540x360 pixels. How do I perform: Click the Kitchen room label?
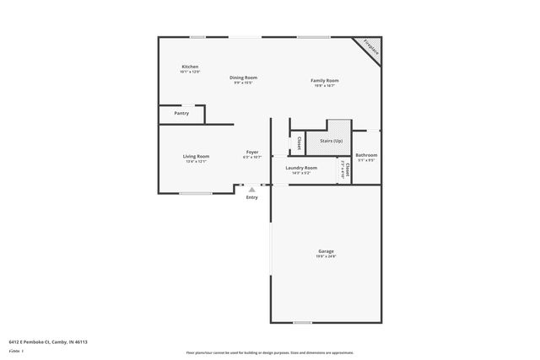[190, 67]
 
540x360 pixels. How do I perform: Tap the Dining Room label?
[244, 78]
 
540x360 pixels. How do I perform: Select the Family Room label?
[325, 80]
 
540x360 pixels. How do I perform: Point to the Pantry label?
[181, 113]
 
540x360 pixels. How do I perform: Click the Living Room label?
[196, 156]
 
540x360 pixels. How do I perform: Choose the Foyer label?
[252, 152]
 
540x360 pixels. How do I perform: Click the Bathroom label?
[366, 154]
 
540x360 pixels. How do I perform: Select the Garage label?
[326, 251]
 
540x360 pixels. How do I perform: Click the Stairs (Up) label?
[330, 141]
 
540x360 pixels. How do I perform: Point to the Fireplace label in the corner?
[370, 48]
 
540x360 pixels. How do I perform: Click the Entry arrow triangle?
[251, 190]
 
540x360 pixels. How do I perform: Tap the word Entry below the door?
[251, 198]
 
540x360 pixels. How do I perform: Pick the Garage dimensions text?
[326, 256]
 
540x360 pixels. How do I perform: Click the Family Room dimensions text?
[325, 85]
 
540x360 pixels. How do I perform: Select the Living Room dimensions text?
[196, 161]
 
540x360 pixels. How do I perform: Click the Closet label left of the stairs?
[299, 143]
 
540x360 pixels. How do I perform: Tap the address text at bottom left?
[48, 341]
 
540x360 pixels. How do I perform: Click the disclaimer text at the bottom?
[269, 352]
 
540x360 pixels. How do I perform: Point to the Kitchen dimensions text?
[190, 72]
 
